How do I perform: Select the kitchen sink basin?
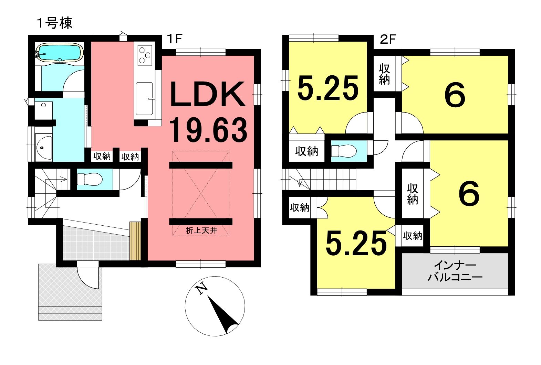tap(144, 99)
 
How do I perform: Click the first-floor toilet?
tap(90, 179)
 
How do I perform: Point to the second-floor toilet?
tap(344, 151)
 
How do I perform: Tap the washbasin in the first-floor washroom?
tap(44, 147)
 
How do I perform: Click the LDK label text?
tap(207, 94)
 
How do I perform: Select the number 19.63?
tap(208, 130)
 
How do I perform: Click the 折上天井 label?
tap(201, 230)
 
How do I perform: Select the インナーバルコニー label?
tap(455, 272)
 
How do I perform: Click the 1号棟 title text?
tap(55, 23)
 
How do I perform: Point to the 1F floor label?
tap(174, 39)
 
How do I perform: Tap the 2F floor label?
tap(388, 39)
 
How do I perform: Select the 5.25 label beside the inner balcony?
tap(356, 243)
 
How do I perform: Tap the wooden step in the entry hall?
tap(135, 241)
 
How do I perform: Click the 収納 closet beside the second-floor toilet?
tap(307, 151)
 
